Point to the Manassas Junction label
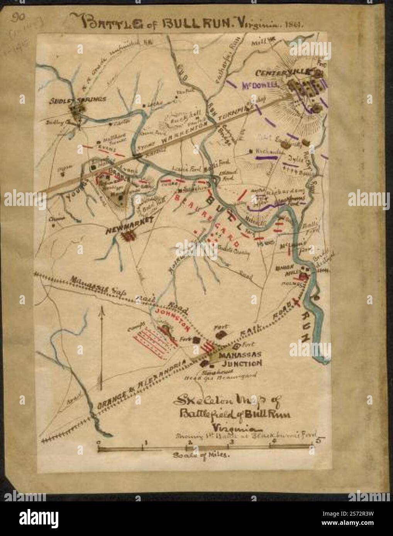click(241, 359)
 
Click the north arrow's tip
click(101, 309)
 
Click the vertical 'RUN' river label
click(305, 326)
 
